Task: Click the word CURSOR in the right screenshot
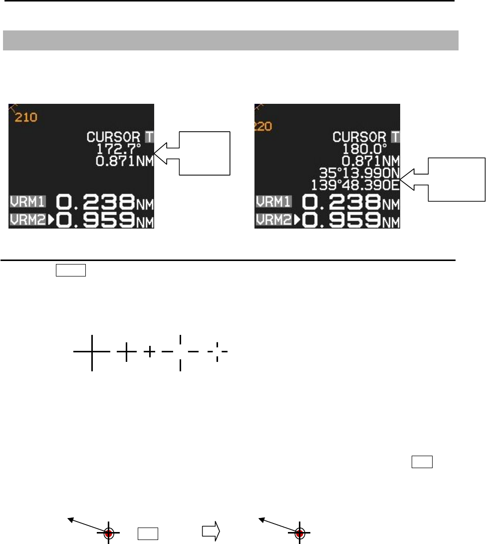tap(359, 136)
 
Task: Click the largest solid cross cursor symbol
tap(92, 352)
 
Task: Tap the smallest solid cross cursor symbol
tap(150, 352)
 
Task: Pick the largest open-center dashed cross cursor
tap(180, 352)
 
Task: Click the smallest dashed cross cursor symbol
tap(218, 352)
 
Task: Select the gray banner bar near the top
tap(231, 40)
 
